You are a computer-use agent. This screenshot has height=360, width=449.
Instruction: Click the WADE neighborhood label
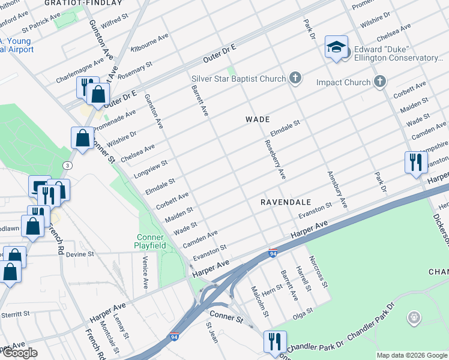click(257, 119)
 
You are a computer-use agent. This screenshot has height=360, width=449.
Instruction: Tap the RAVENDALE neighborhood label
click(285, 202)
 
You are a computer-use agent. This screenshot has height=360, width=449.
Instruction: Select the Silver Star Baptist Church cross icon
click(295, 77)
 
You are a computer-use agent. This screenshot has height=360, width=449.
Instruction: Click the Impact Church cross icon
click(379, 81)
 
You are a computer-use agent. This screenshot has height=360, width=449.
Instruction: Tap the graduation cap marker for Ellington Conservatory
click(336, 47)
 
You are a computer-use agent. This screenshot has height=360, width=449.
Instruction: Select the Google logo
click(19, 353)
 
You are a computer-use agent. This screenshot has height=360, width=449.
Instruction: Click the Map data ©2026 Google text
click(412, 355)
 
